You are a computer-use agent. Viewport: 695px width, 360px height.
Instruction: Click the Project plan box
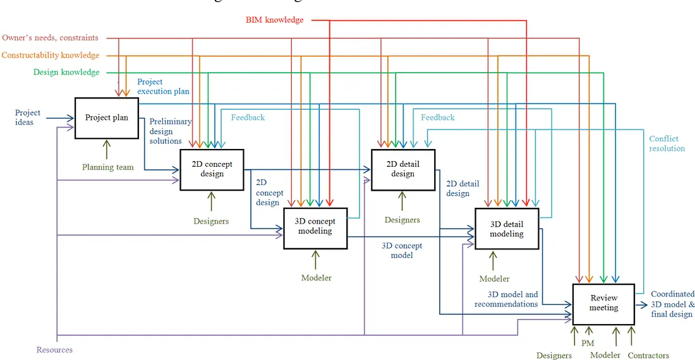coord(106,118)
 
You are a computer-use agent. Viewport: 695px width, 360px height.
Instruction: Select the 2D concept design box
coord(212,169)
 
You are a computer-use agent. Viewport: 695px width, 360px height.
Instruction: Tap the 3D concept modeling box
coord(315,227)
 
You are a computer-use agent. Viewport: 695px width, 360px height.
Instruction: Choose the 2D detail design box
coord(402,169)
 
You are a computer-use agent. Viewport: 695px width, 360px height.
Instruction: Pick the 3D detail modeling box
coord(507,229)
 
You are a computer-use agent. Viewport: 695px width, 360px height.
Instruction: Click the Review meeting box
coord(603,303)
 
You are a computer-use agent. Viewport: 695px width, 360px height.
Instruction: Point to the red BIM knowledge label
coord(274,20)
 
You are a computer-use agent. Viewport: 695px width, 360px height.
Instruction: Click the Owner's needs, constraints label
coord(50,38)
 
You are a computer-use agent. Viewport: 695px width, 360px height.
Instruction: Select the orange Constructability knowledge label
coord(51,56)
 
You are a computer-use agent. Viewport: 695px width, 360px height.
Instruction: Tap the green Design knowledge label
coord(66,73)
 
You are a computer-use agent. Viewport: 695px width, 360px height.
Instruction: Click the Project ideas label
coord(28,117)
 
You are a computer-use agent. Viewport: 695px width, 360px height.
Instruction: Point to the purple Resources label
coord(54,350)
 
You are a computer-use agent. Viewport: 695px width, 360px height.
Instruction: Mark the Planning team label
coord(108,167)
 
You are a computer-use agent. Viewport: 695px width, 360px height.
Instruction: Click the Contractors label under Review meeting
coord(648,356)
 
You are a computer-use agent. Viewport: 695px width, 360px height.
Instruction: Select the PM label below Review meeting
coord(587,343)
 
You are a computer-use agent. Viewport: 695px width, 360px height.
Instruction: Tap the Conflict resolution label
coord(667,144)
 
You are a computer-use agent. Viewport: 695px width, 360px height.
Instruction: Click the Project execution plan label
coord(163,87)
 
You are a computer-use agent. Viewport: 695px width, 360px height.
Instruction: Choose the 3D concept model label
coord(401,251)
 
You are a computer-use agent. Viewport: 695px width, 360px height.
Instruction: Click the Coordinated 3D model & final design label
coord(673,304)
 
